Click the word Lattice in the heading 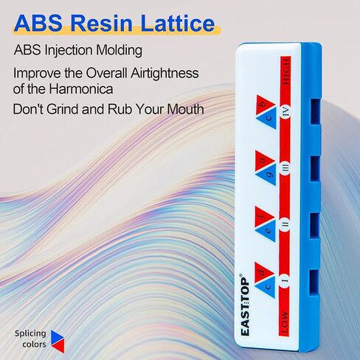point(178,23)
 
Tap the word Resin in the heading point(102,23)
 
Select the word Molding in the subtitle point(119,50)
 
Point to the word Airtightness point(165,73)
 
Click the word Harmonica point(81,89)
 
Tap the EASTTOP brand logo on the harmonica point(245,305)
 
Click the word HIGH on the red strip point(286,72)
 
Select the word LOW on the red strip point(284,322)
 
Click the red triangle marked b point(263,105)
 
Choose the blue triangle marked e point(268,231)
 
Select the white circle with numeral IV point(286,113)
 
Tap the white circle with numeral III point(285,169)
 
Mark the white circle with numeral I point(285,280)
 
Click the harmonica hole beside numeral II point(314,225)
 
